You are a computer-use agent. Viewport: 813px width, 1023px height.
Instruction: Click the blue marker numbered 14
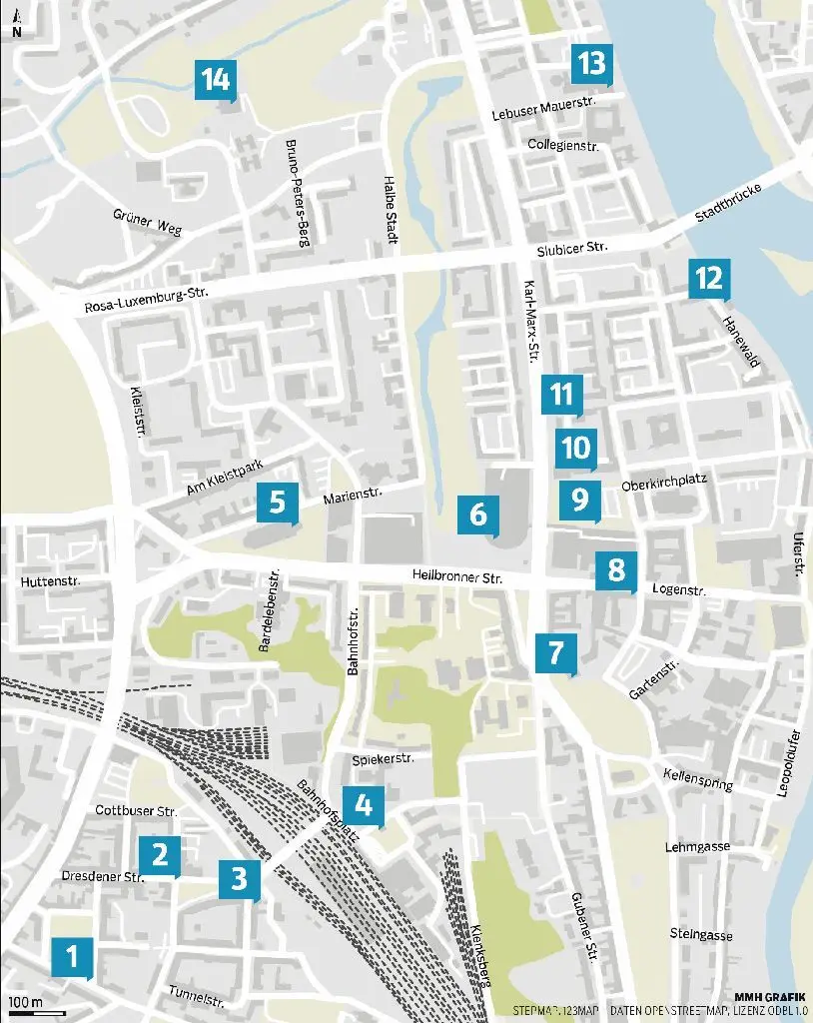216,79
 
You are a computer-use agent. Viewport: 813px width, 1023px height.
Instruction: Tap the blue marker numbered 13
590,64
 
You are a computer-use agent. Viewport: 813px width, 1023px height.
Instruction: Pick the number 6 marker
477,514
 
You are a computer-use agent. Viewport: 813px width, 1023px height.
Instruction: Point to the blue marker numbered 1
72,957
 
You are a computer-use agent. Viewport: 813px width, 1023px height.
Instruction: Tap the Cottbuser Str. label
137,811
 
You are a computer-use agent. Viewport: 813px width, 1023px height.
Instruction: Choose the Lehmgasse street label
697,846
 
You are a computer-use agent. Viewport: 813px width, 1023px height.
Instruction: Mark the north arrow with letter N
16,24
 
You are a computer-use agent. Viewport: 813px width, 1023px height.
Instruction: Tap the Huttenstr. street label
49,580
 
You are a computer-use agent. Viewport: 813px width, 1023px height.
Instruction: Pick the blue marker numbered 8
616,570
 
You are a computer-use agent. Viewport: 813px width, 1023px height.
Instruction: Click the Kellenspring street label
698,778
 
